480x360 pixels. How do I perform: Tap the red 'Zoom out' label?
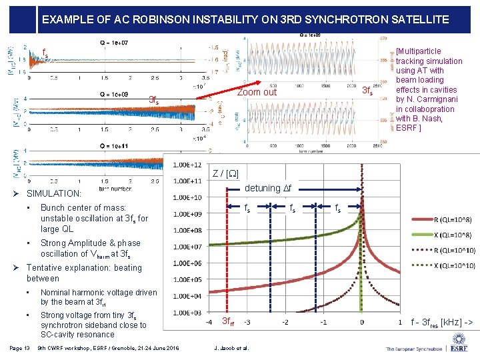pyautogui.click(x=257, y=92)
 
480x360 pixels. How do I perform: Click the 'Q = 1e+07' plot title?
pyautogui.click(x=114, y=43)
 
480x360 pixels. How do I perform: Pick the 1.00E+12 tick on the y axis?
pyautogui.click(x=188, y=165)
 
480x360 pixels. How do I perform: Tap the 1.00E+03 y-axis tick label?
pyautogui.click(x=188, y=313)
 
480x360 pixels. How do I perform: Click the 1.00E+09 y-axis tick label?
pyautogui.click(x=188, y=214)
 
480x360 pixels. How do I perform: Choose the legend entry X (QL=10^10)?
pyautogui.click(x=447, y=266)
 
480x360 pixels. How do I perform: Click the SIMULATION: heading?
pyautogui.click(x=53, y=193)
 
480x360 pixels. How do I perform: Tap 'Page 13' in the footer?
pyautogui.click(x=20, y=348)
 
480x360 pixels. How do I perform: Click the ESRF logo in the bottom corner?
pyautogui.click(x=459, y=347)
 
